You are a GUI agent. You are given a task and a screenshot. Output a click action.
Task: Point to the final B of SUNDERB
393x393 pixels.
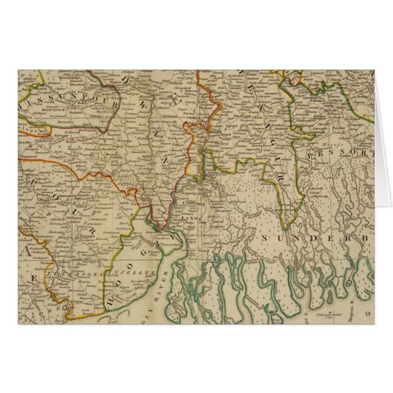point(368,237)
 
